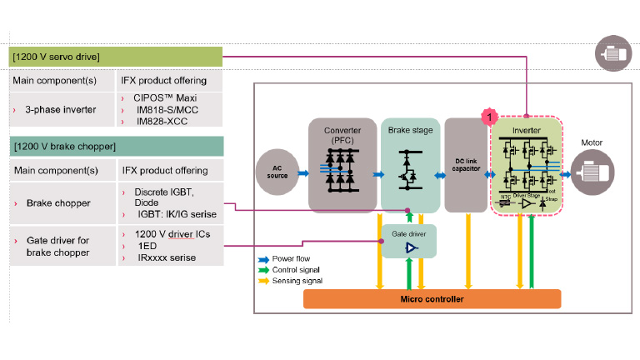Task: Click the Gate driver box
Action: coord(408,242)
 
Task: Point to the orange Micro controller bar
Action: coord(432,299)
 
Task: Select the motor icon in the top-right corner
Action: coord(612,54)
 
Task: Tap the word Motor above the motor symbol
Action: coord(592,143)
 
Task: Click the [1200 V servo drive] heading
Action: coord(116,57)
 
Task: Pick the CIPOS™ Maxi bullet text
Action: coord(162,97)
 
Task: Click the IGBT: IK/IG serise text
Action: coord(172,214)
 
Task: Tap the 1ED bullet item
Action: coord(146,246)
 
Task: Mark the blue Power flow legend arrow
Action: coord(264,259)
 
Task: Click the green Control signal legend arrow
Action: coord(264,270)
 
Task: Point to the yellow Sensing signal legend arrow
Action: coord(264,281)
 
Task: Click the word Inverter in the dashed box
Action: coord(525,131)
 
